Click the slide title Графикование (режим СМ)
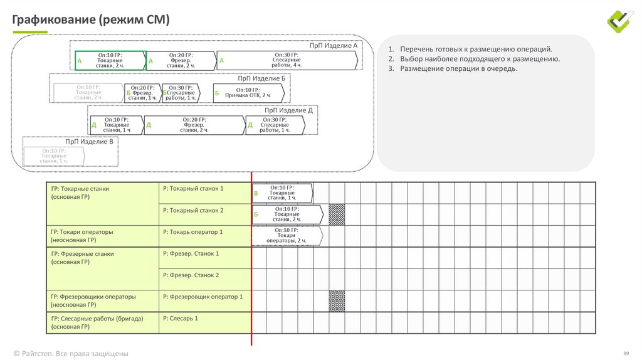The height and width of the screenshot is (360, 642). tap(91, 19)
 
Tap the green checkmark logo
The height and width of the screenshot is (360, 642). tap(621, 21)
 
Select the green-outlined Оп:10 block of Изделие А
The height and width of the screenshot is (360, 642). tap(110, 60)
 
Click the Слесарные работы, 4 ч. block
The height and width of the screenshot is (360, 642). tap(287, 60)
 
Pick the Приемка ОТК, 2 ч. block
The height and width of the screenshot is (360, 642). tap(248, 93)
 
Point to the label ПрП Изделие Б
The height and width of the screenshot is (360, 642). tap(261, 78)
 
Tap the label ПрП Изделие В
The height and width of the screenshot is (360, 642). tap(89, 142)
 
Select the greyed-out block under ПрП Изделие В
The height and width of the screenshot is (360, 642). tap(54, 156)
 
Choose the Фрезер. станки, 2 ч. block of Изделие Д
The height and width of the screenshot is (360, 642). tap(194, 125)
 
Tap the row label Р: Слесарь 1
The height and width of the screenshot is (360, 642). tap(181, 319)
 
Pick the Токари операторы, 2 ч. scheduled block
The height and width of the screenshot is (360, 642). tap(287, 236)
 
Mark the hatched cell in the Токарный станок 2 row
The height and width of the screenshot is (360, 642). tap(337, 214)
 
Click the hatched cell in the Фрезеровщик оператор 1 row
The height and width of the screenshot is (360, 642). tap(337, 300)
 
